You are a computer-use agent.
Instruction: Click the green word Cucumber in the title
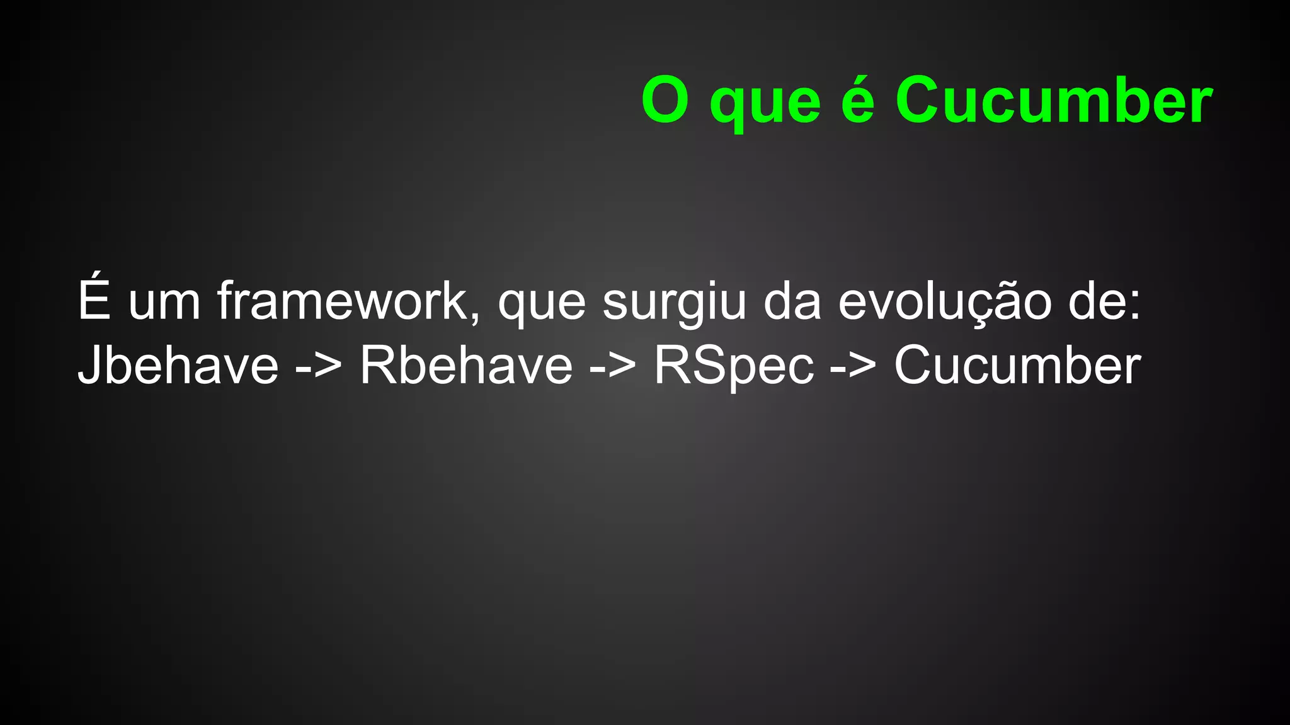coord(1053,101)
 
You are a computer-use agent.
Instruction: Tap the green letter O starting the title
coord(665,101)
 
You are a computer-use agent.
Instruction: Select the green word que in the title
coord(765,104)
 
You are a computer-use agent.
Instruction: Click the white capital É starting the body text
coord(94,299)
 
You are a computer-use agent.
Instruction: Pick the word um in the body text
coord(164,303)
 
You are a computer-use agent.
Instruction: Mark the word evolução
coord(945,303)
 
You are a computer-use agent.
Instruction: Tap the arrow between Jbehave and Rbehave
coord(319,367)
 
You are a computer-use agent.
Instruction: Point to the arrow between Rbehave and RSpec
coord(613,367)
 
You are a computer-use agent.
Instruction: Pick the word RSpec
coord(734,367)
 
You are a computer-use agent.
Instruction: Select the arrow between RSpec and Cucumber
coord(853,367)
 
